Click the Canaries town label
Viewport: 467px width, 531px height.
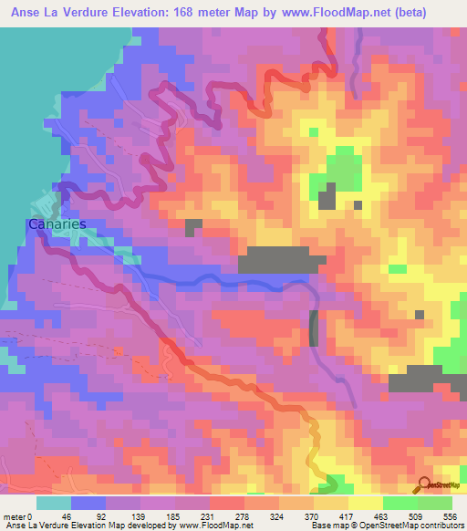57,224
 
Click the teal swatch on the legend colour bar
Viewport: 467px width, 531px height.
54,503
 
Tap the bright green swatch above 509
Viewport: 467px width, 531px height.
400,503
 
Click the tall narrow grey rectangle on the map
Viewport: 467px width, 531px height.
315,328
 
